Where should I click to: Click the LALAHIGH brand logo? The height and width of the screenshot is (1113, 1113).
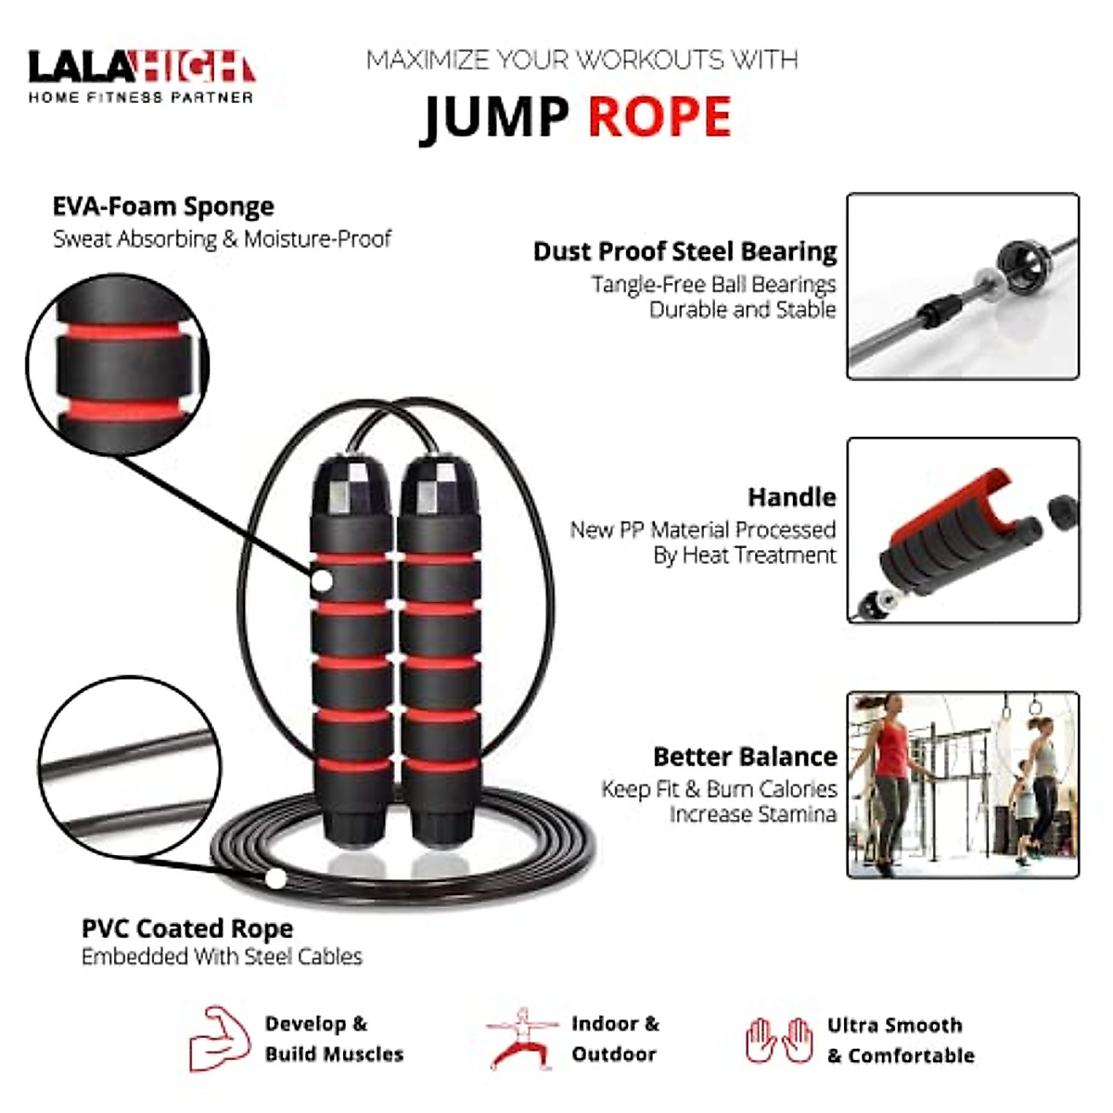coord(141,75)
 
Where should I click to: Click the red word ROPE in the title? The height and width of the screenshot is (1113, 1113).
coord(659,117)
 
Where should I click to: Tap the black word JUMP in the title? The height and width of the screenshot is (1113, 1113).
coord(496,118)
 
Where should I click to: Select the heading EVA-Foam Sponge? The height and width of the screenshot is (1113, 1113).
coord(163,206)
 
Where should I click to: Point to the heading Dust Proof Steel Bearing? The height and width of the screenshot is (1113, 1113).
coord(684,251)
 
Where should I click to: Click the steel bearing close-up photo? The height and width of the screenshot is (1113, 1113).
coord(963,286)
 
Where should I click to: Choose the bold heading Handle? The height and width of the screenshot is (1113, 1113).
coord(791,497)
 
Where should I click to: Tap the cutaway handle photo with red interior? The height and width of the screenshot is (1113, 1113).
coord(963,531)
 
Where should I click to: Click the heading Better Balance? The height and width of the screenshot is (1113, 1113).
coord(745,757)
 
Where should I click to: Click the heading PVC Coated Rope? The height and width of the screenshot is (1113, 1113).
coord(187,928)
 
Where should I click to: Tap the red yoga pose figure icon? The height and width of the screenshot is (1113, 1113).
coord(522,1039)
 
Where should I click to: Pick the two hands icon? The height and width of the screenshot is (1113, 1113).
coord(779,1040)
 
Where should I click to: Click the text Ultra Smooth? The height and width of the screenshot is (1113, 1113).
coord(894,1025)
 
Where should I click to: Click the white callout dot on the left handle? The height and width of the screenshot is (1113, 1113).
coord(321,582)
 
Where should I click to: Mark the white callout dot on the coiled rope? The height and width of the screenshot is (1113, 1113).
coord(275,878)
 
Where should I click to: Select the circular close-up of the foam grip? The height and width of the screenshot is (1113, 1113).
coord(118,365)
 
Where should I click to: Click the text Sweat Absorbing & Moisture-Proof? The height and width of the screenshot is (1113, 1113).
coord(222,239)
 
